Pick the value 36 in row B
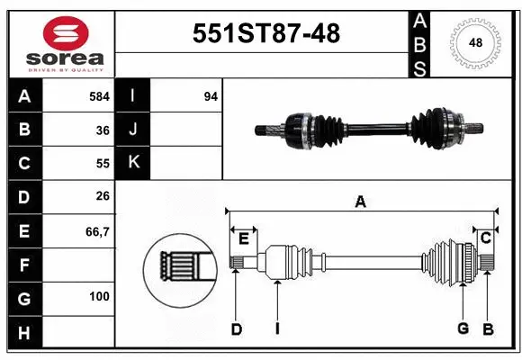pyautogui.click(x=103, y=130)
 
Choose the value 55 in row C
pyautogui.click(x=103, y=164)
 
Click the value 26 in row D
pyautogui.click(x=103, y=197)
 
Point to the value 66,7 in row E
pyautogui.click(x=97, y=231)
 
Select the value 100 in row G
pyautogui.click(x=99, y=296)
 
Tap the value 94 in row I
pyautogui.click(x=211, y=95)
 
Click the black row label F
pyautogui.click(x=23, y=265)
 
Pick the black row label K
pyautogui.click(x=134, y=163)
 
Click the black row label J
pyautogui.click(x=134, y=130)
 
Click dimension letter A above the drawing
pyautogui.click(x=360, y=202)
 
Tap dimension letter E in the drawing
pyautogui.click(x=243, y=238)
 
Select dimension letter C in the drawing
pyautogui.click(x=484, y=238)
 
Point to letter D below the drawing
pyautogui.click(x=237, y=329)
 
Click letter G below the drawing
pyautogui.click(x=463, y=328)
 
